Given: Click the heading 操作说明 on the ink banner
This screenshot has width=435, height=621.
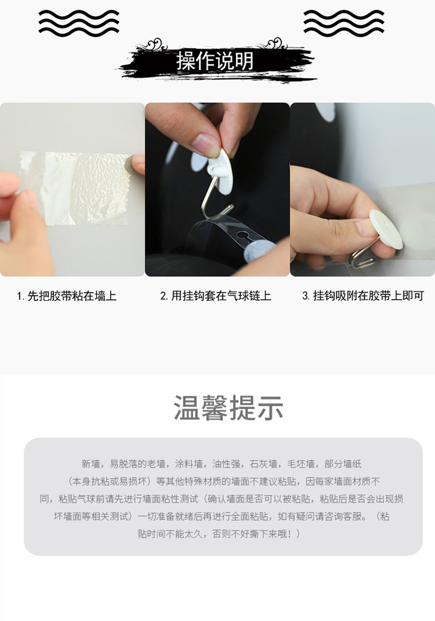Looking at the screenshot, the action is coord(215,61).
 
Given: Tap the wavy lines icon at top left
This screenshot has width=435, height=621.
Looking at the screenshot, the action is coord(79,23).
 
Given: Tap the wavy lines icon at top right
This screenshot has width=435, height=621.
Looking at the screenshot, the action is coord(344,23).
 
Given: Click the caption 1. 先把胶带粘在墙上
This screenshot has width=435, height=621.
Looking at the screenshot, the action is coord(67,296).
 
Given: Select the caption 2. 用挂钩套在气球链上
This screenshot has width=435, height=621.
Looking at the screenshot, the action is coord(216,296).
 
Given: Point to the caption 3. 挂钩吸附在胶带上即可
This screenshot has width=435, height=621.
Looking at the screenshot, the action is coord(363,296).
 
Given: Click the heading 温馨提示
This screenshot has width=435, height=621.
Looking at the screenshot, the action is coord(228,408).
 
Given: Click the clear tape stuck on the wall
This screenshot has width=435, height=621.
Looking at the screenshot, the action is coord(75,188).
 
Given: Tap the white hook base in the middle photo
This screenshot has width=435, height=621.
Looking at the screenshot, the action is coord(220,172).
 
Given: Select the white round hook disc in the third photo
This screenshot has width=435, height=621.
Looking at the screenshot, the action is coord(386,229).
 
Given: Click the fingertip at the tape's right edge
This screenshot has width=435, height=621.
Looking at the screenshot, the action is coord(138,164).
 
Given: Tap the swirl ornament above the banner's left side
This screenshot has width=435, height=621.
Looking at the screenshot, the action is coord(156,44).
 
